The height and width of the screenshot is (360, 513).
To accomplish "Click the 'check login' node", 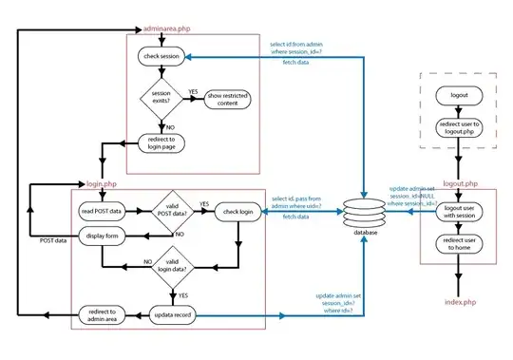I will [x=237, y=209].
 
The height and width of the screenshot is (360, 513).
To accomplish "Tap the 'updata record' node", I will [x=172, y=312].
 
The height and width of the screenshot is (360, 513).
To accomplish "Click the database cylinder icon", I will [x=368, y=209].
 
